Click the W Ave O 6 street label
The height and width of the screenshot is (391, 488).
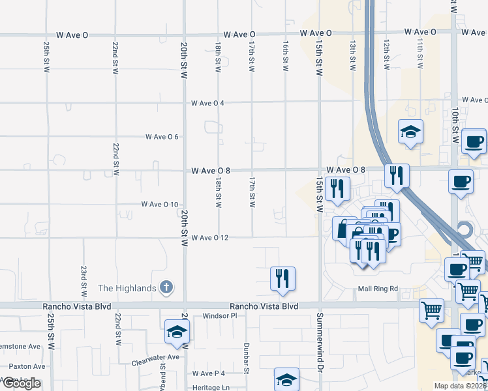[162, 137]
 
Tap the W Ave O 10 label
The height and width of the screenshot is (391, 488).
[160, 205]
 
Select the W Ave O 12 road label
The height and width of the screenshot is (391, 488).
[209, 238]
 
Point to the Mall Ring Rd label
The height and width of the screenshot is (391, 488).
[377, 289]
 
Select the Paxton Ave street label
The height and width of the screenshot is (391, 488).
[27, 367]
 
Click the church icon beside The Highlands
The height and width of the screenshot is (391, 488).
[166, 287]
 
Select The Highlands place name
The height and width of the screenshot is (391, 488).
[127, 289]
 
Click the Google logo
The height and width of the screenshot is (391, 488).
[22, 383]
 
